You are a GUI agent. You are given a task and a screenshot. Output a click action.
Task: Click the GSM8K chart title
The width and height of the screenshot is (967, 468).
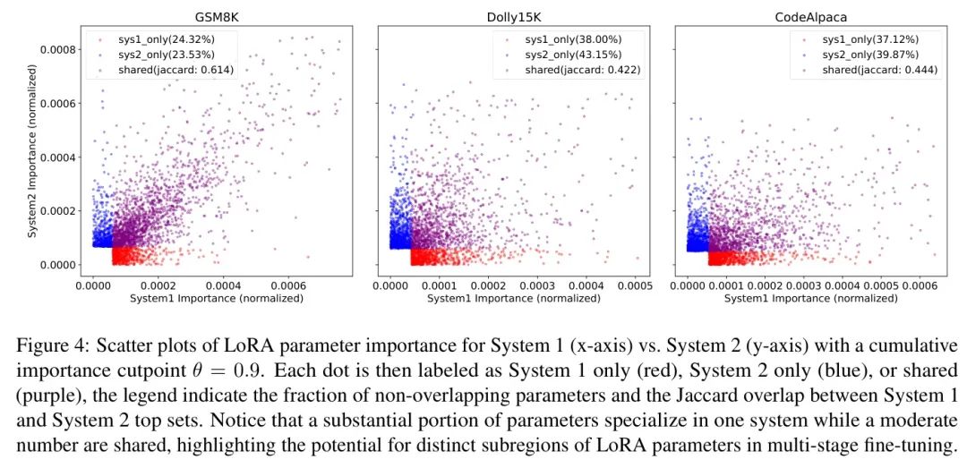coord(217,17)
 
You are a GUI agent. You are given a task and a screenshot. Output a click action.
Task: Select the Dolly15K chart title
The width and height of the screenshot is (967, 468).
coord(513,17)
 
